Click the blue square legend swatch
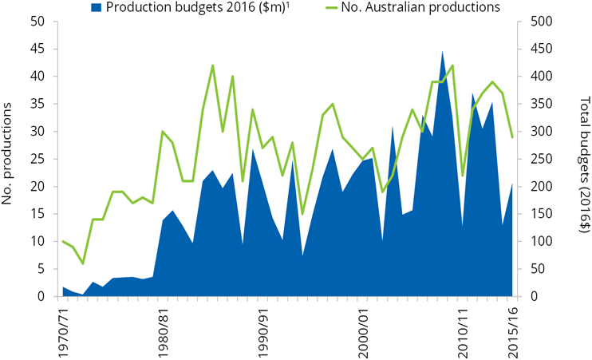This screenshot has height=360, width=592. pos(97,7)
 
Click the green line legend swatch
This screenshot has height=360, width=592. pos(336,7)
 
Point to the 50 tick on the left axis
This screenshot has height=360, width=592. pos(37,22)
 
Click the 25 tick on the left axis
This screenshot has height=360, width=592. pos(37,159)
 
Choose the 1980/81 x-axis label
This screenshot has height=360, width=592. pos(163,330)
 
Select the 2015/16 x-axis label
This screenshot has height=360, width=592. pos(511,330)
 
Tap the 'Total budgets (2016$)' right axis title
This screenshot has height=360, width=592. pos(583,159)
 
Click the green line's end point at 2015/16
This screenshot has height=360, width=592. pos(511,137)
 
